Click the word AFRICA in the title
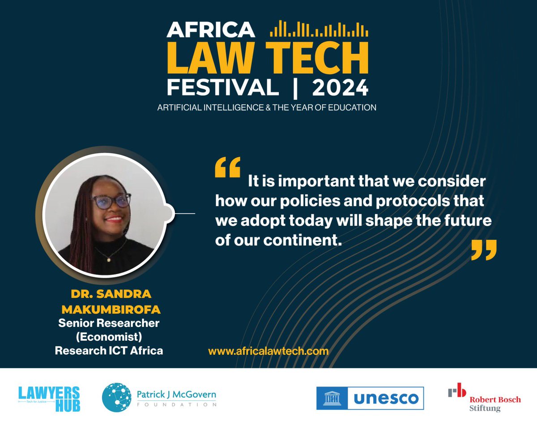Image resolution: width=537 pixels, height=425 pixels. [211, 30]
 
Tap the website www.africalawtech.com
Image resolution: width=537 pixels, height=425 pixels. [268, 351]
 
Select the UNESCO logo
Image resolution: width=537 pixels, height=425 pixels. [370, 398]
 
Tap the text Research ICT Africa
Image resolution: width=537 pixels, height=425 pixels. [109, 350]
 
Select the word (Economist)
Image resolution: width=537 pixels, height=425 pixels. [109, 336]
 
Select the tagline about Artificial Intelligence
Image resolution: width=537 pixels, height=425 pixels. [267, 107]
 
